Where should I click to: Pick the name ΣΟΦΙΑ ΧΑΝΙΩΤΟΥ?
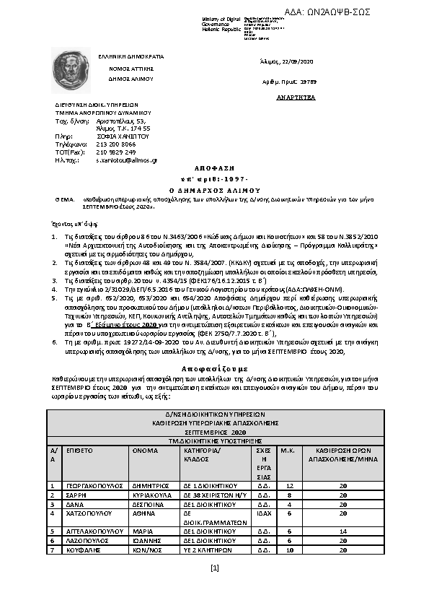121,136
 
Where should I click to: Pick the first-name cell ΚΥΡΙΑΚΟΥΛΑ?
151,495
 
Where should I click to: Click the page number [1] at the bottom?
214,568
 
